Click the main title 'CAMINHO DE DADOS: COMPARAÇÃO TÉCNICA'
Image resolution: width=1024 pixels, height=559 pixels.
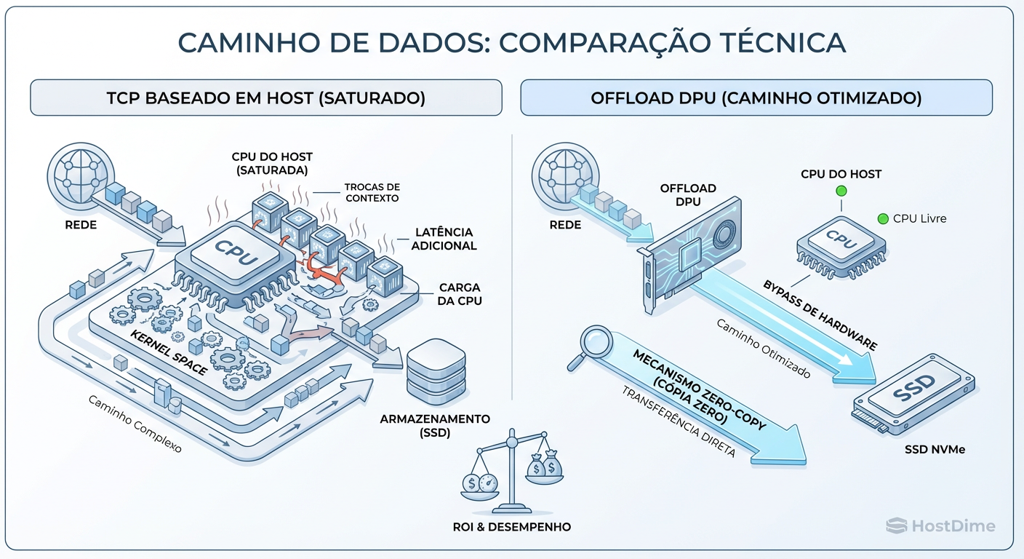pos(511,42)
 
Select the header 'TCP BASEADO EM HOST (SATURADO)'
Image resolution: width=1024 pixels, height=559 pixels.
pos(265,98)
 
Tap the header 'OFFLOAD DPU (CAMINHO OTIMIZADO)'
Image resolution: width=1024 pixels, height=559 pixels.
pos(756,98)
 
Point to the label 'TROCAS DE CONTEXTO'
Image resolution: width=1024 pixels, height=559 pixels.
pos(372,193)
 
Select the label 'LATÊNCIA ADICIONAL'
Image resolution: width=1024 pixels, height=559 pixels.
pos(444,239)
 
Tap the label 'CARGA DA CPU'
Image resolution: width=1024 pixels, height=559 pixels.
pos(460,294)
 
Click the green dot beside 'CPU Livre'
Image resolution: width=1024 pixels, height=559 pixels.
pos(883,218)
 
